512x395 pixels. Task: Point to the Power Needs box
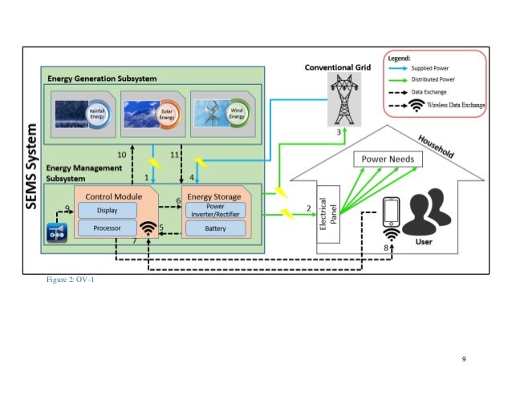388,159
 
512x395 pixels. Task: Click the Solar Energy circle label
168,113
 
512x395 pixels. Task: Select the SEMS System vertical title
33,166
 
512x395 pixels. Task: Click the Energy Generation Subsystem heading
102,79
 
